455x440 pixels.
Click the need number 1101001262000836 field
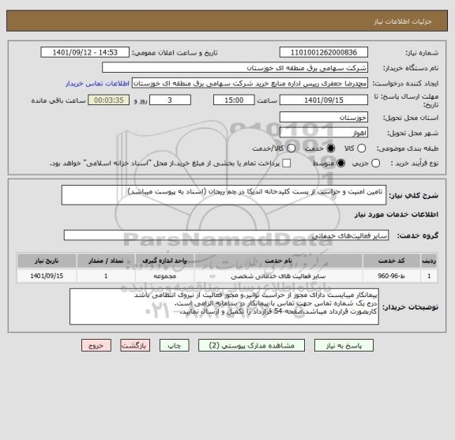pyautogui.click(x=325, y=53)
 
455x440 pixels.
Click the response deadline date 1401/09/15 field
pyautogui.click(x=325, y=100)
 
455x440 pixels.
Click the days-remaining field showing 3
pyautogui.click(x=173, y=100)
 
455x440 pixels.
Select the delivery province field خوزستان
pyautogui.click(x=325, y=115)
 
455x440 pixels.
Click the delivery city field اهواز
pyautogui.click(x=325, y=132)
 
